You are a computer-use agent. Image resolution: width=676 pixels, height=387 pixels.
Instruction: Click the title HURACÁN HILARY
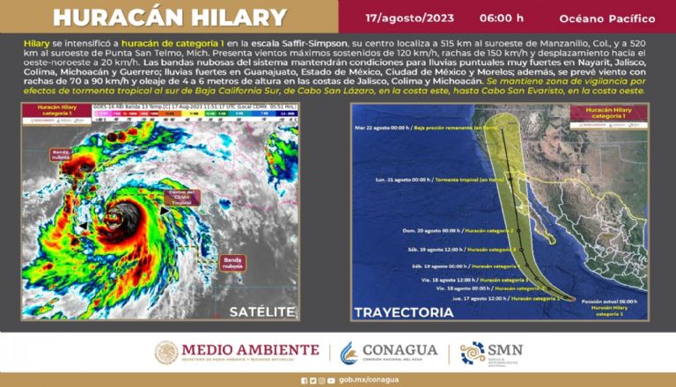point(171,18)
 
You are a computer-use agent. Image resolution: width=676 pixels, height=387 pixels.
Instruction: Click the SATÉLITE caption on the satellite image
point(262,311)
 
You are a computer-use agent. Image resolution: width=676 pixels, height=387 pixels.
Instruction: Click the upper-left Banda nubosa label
point(61,156)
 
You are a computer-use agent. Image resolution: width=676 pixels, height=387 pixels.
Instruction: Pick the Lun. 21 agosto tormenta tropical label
point(430,180)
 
